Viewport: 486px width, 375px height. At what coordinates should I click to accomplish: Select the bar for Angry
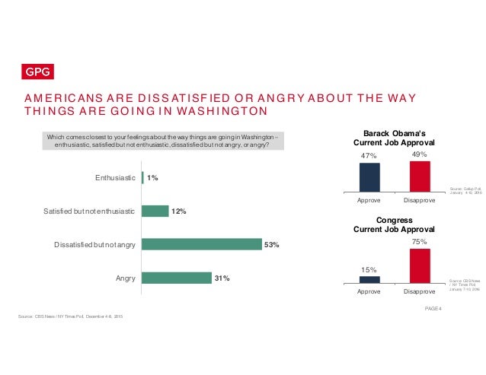point(177,278)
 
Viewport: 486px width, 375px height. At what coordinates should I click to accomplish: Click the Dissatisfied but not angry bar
point(201,244)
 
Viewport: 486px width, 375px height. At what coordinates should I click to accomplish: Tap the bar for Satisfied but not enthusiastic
point(155,211)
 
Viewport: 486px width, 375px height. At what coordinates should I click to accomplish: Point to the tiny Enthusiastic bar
point(142,178)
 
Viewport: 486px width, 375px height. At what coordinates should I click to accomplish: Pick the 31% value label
point(222,278)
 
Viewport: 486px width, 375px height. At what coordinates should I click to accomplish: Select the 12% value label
point(179,211)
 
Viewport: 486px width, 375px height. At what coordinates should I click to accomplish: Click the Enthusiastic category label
point(115,178)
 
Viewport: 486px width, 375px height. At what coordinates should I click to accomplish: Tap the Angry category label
point(125,278)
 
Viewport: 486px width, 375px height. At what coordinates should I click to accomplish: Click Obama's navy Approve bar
point(369,177)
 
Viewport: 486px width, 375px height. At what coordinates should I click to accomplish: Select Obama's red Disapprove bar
point(420,176)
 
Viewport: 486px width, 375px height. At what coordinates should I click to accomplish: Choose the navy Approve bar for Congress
point(369,279)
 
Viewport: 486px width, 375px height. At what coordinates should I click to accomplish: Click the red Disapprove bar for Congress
point(420,265)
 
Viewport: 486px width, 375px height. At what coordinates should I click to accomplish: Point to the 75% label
point(420,240)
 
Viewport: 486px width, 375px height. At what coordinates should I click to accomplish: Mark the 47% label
point(369,156)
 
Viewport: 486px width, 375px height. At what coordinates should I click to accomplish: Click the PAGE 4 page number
point(432,307)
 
